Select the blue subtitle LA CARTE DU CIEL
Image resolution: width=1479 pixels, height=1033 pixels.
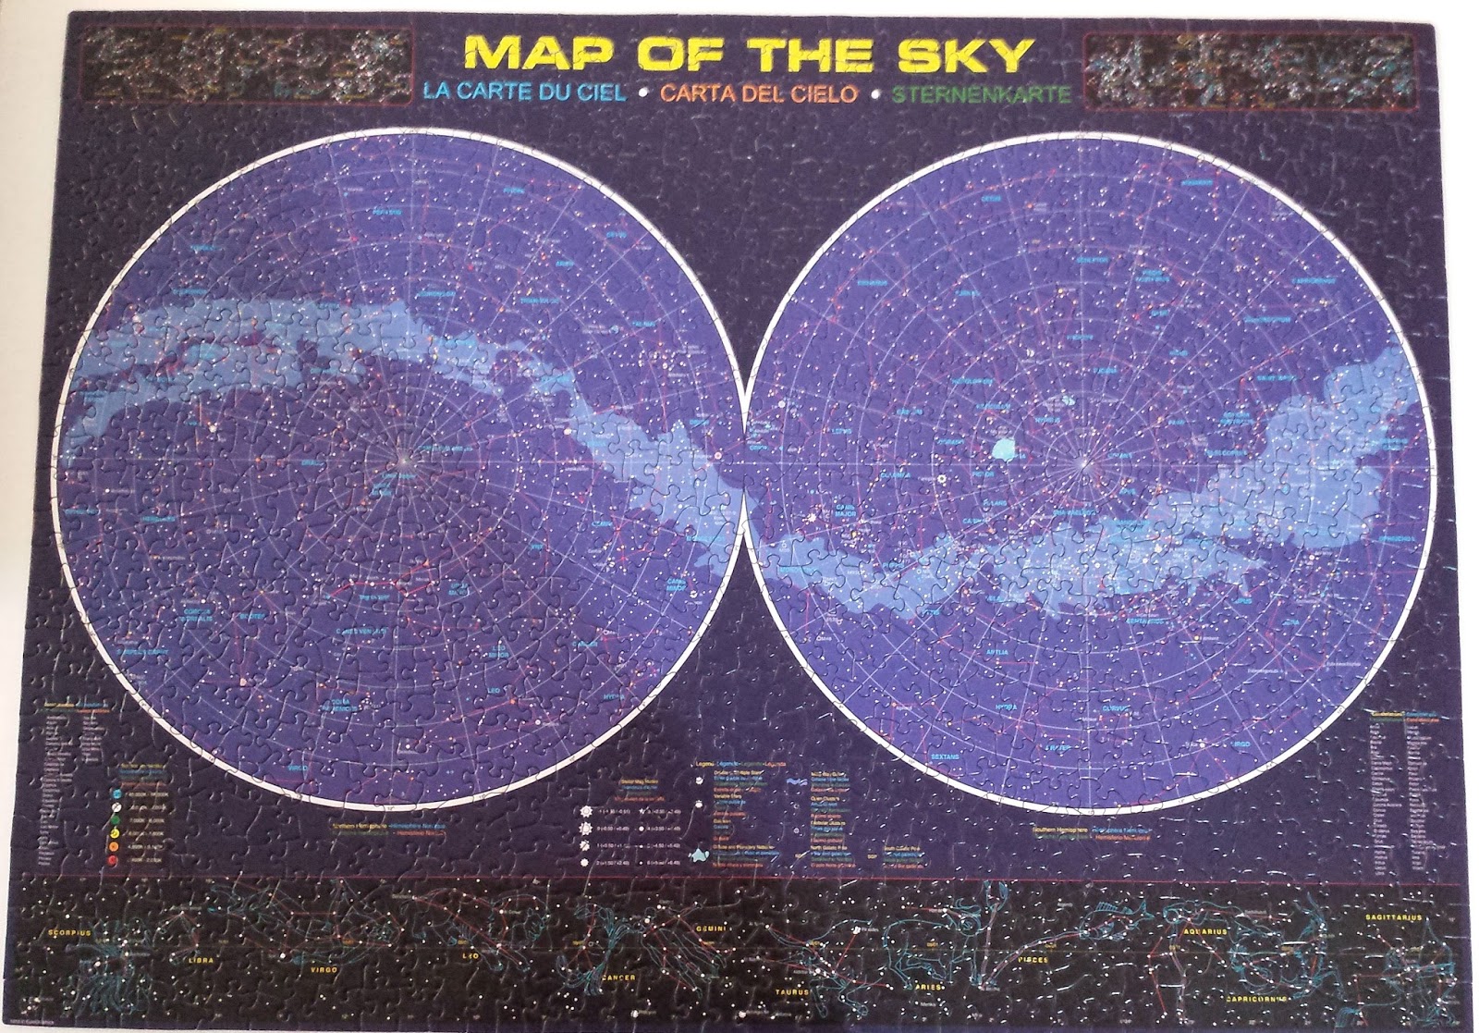(523, 92)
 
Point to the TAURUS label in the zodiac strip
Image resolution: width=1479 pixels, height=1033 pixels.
(790, 992)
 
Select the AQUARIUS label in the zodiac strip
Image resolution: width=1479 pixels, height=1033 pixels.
(1203, 931)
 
